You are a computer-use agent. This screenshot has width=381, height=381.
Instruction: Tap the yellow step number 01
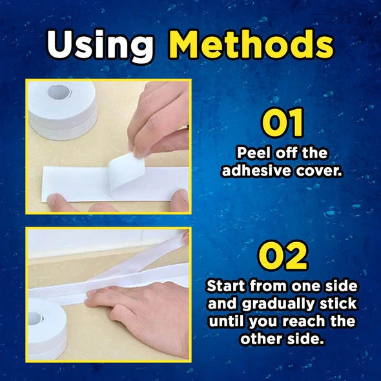coord(283,125)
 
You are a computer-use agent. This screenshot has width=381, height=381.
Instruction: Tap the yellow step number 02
coord(283,256)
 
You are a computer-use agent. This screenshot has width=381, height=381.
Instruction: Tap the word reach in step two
coord(306,322)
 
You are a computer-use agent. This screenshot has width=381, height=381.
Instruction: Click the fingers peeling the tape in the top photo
coord(158,119)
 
